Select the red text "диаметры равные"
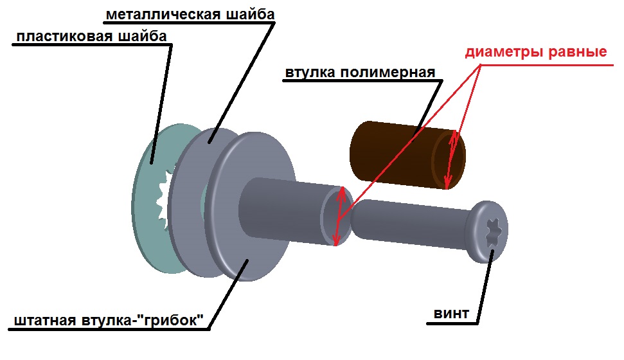[x=535, y=52]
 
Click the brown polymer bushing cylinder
[x=392, y=154]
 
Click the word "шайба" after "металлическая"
[x=242, y=14]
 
